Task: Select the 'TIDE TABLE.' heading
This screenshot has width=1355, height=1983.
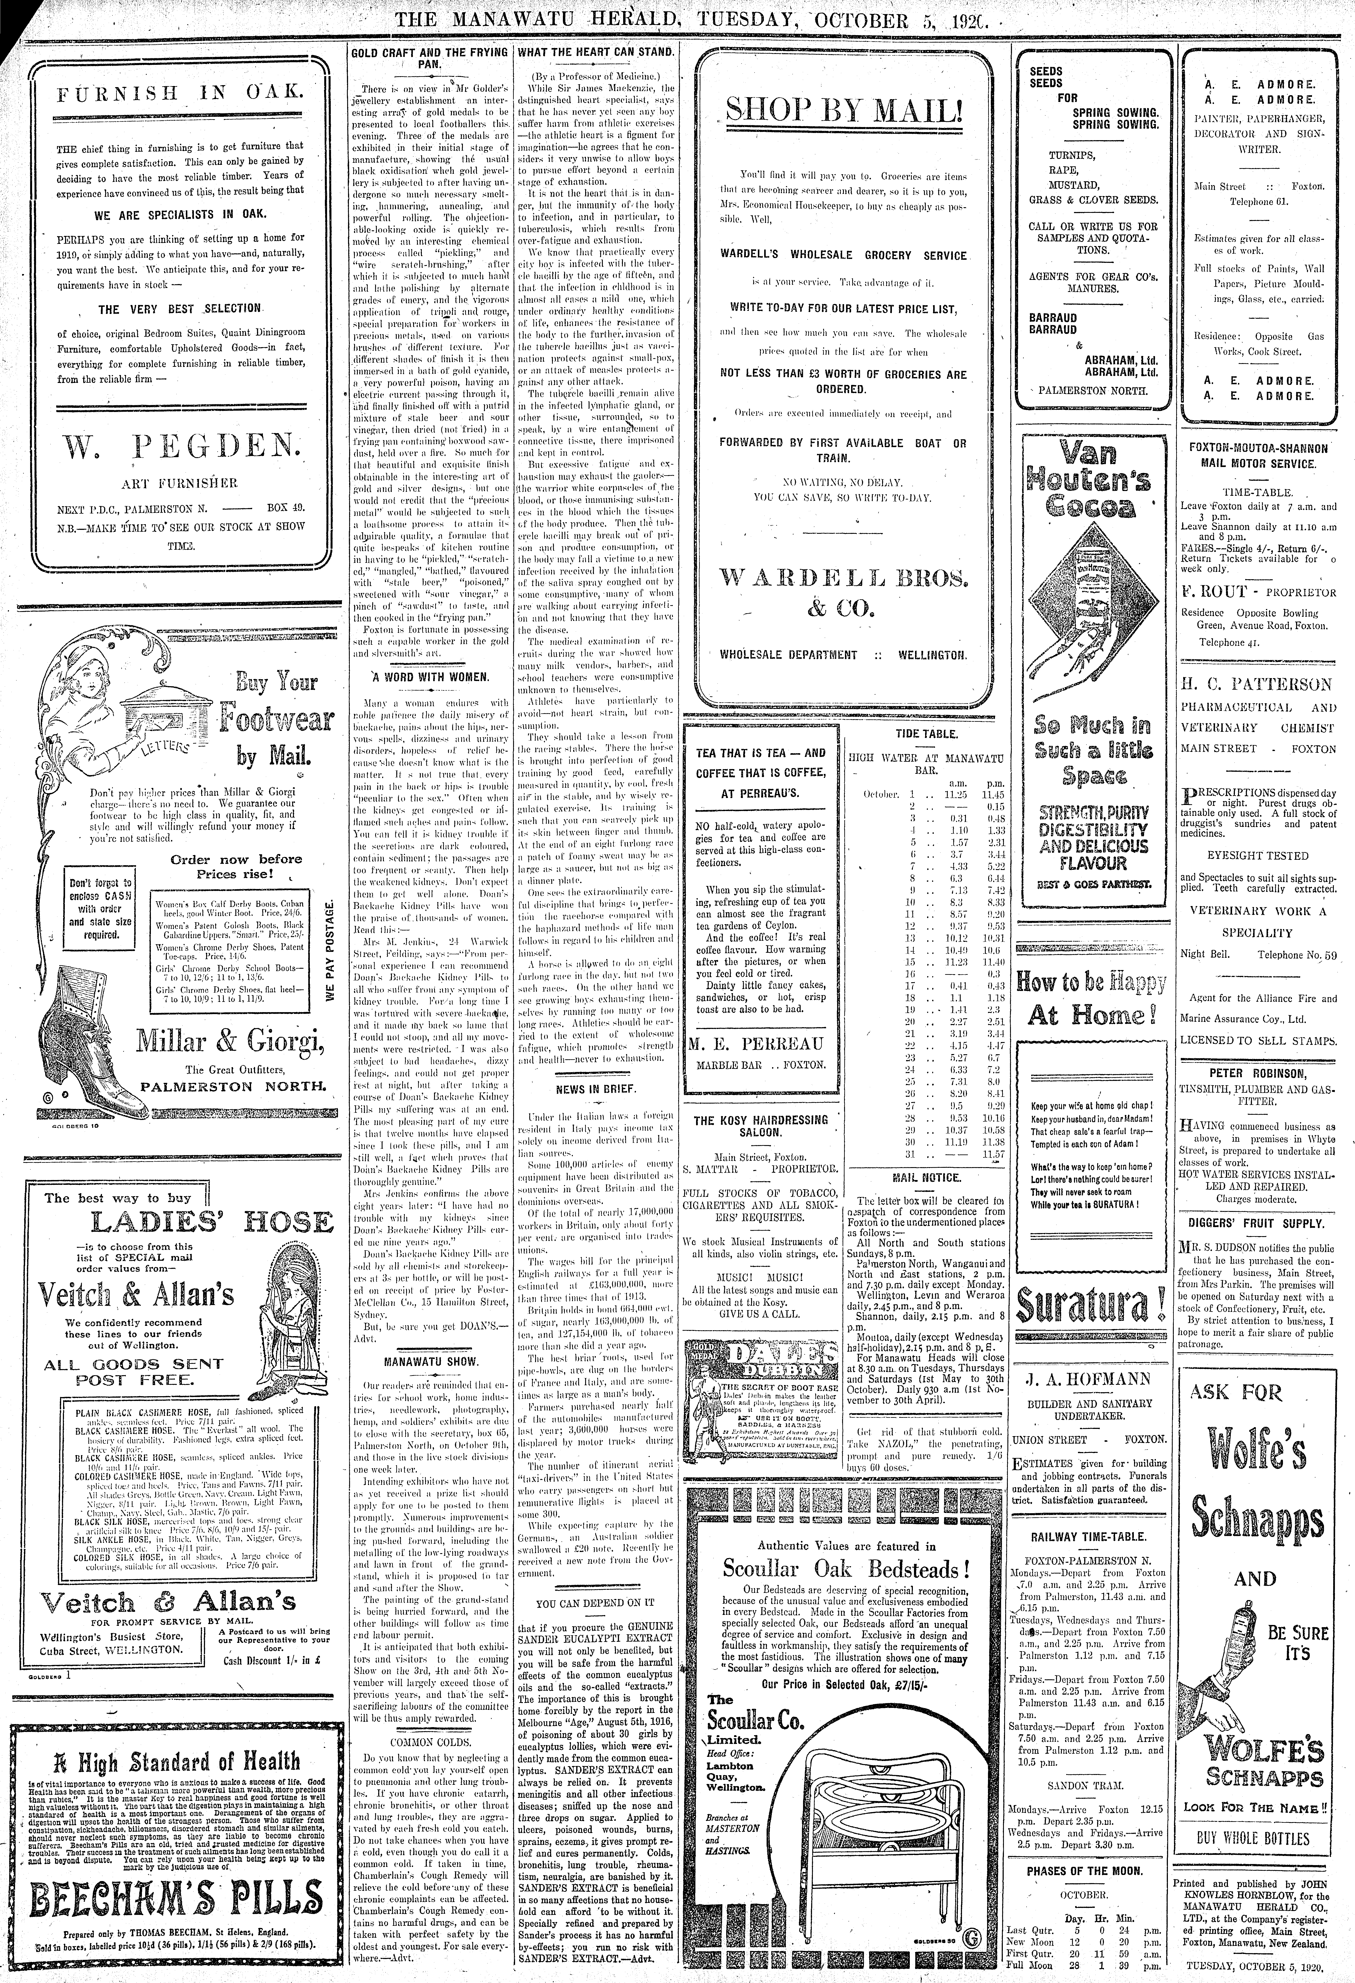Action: coord(926,734)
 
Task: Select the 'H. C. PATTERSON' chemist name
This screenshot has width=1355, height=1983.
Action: coord(1257,684)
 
